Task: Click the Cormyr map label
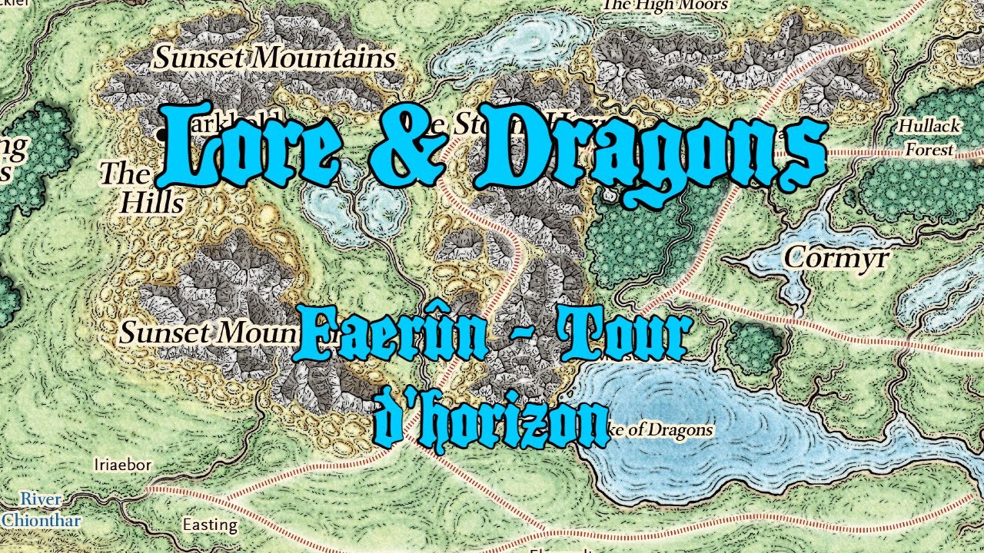tap(836, 258)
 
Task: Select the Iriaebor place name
tap(122, 465)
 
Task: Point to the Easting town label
tap(210, 525)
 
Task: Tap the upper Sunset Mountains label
tap(275, 58)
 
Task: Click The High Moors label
tap(664, 5)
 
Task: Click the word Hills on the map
tap(152, 203)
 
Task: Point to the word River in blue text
tap(41, 499)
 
